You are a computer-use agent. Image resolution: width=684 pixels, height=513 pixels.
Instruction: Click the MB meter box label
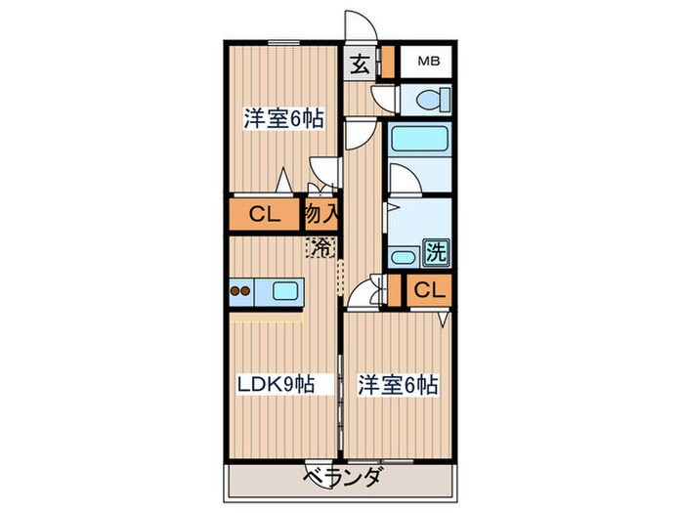tap(429, 62)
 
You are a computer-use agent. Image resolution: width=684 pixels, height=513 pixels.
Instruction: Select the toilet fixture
tap(429, 98)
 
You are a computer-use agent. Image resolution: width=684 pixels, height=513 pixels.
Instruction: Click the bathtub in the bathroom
tap(417, 141)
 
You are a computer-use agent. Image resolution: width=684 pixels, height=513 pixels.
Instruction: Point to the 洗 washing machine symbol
tap(437, 251)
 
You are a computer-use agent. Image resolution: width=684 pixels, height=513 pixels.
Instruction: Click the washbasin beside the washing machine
tap(403, 258)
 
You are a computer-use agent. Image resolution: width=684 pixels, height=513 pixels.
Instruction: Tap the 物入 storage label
tap(321, 213)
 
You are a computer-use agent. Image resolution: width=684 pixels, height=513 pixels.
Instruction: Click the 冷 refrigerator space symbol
tap(321, 247)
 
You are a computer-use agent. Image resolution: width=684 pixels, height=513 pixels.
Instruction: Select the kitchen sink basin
tap(287, 289)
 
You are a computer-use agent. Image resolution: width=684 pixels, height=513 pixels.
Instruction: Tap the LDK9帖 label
tap(275, 384)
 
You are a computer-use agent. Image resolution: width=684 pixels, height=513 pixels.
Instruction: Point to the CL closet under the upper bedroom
tap(264, 213)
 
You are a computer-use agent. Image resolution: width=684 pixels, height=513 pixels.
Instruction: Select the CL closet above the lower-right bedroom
tap(430, 290)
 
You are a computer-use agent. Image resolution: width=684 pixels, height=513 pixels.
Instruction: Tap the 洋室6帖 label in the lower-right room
tap(397, 384)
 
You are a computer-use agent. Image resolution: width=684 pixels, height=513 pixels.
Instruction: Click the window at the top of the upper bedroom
tap(284, 43)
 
